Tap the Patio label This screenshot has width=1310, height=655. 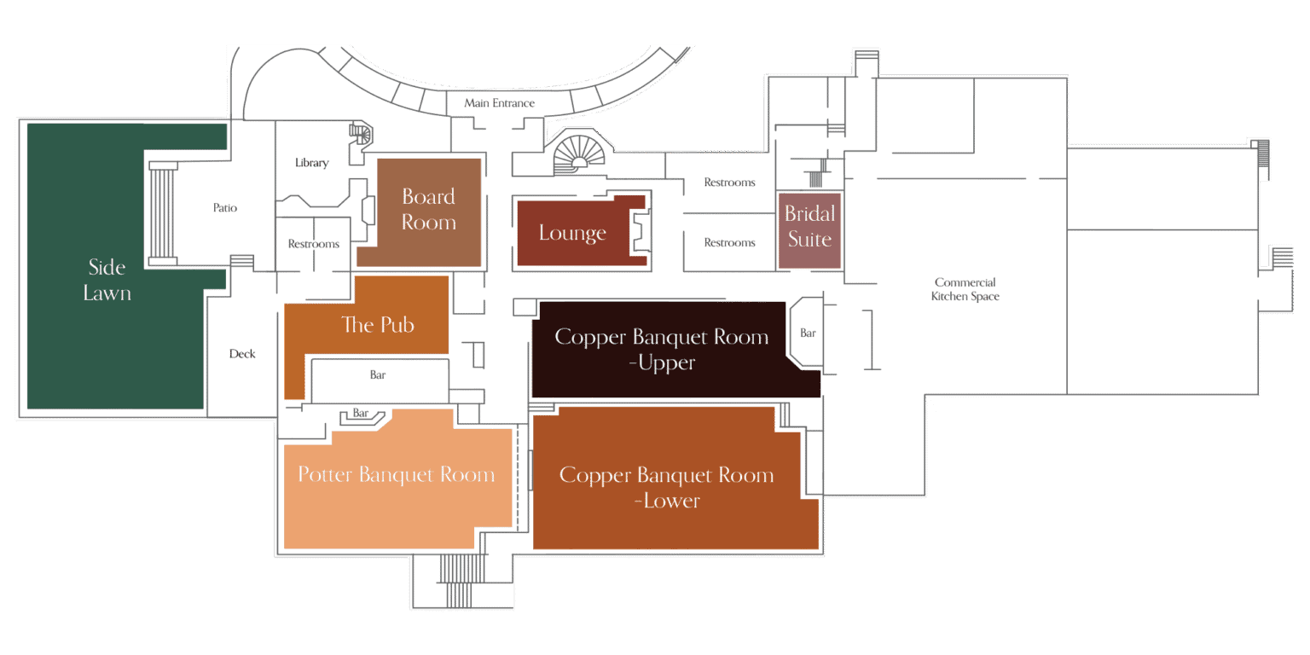(x=225, y=207)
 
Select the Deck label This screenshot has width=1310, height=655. (x=242, y=354)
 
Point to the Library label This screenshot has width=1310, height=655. (x=311, y=163)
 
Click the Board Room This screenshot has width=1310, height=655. (x=429, y=211)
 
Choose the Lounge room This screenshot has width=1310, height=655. (x=573, y=233)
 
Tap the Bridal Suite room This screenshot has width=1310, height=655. (x=809, y=230)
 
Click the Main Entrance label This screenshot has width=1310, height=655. (x=500, y=103)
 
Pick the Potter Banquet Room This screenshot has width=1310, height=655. (x=397, y=485)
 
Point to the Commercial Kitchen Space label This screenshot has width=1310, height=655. (x=965, y=289)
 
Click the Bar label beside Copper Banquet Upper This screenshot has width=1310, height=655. (x=808, y=333)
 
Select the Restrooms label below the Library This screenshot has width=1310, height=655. (x=314, y=244)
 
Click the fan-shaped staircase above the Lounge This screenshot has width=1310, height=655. (x=579, y=154)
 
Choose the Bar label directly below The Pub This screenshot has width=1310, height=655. (x=378, y=375)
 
